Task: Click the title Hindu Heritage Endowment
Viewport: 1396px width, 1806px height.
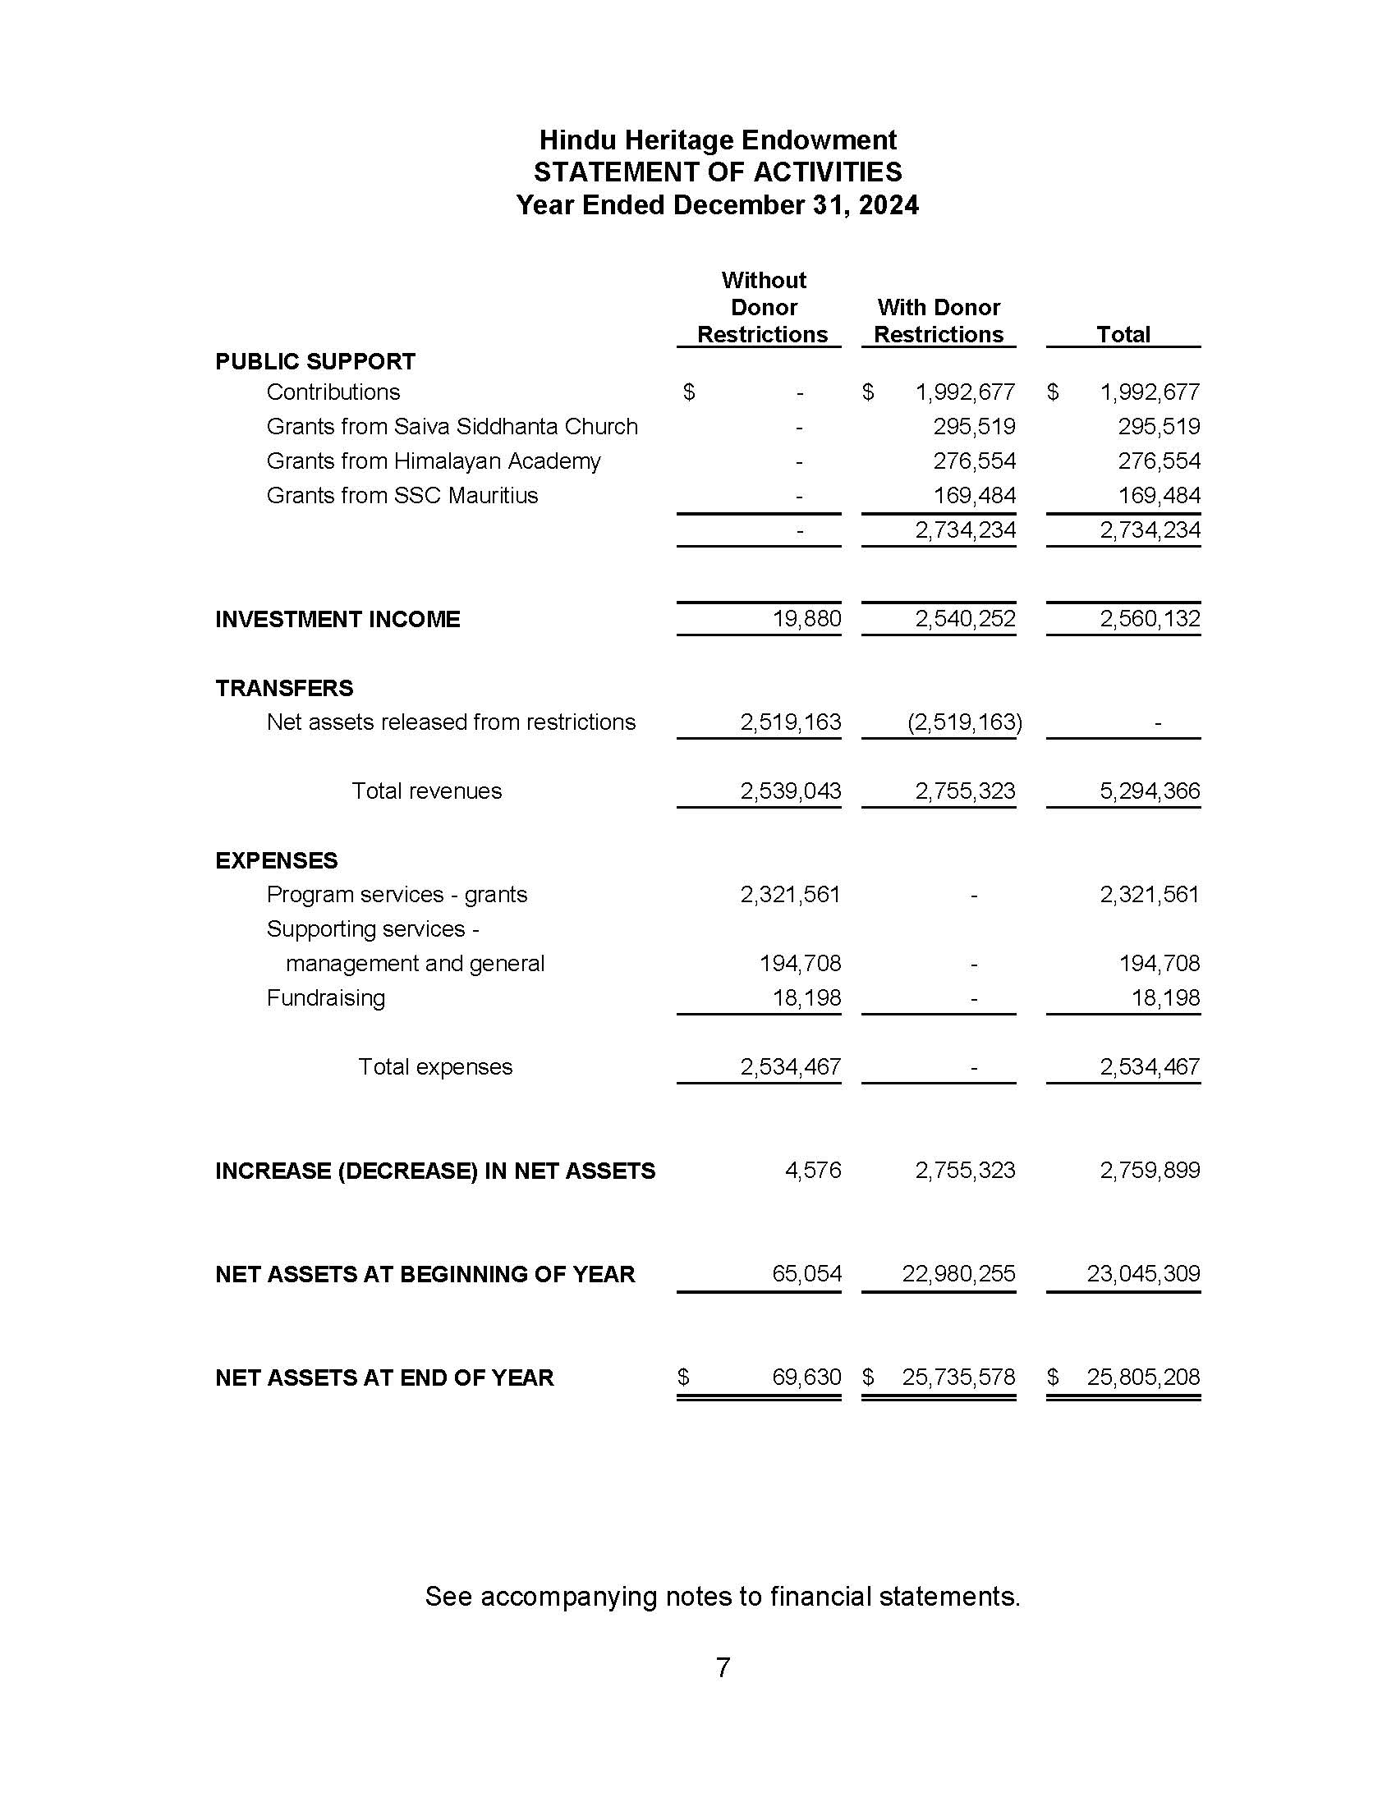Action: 717,140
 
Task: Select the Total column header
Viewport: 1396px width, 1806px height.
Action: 1123,334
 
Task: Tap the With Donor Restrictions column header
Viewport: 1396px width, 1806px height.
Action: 938,321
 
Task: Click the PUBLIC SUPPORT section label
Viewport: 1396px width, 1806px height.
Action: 315,361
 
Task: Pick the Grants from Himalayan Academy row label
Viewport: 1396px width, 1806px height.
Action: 433,461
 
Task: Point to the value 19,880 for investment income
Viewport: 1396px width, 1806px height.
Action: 806,618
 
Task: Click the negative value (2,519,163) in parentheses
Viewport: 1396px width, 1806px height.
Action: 964,722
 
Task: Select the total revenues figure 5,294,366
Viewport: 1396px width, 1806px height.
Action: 1149,791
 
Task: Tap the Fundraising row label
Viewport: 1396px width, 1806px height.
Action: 325,997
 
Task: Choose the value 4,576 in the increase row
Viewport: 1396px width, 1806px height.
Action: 812,1170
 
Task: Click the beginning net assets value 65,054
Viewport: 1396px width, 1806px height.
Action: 806,1273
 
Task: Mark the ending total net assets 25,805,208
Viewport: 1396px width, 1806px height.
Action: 1143,1377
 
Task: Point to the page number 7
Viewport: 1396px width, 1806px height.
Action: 722,1667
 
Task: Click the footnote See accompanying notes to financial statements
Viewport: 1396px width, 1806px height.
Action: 722,1596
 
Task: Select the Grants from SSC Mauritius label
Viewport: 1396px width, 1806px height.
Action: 402,495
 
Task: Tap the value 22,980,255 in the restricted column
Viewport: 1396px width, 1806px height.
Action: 957,1273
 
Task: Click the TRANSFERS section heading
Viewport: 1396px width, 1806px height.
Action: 283,688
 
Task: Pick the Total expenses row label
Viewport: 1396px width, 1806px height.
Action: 435,1066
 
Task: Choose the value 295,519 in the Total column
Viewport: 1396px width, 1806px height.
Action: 1159,426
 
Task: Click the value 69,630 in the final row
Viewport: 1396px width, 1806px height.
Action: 806,1377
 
